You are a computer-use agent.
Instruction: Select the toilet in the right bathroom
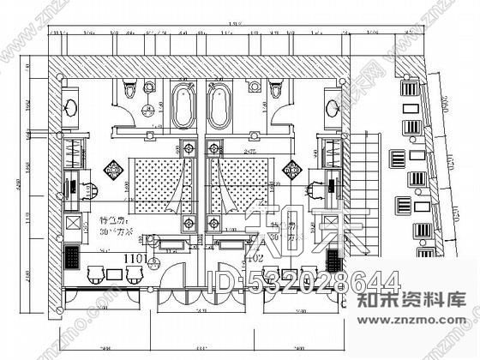click(275, 90)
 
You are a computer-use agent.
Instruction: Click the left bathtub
click(183, 106)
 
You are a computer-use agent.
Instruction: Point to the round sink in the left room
click(71, 107)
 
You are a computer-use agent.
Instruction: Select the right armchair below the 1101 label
click(134, 273)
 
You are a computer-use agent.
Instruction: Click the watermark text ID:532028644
click(300, 280)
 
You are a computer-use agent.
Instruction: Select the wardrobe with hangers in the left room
click(73, 152)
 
